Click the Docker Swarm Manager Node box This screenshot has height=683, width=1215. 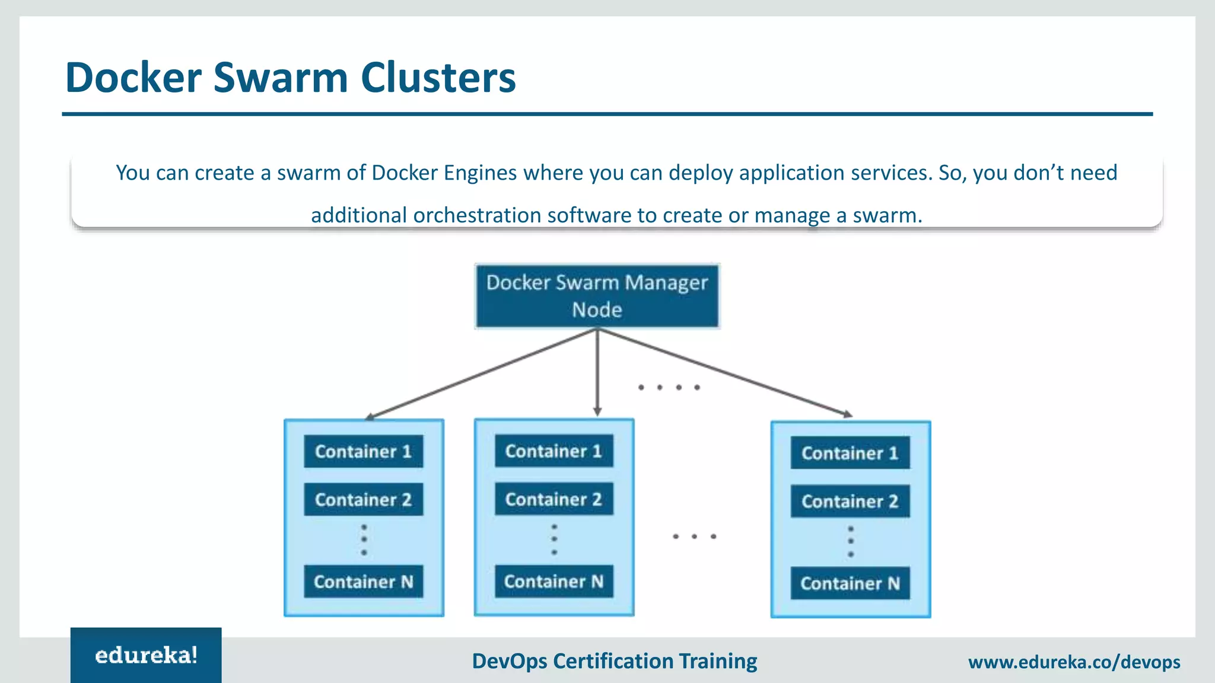click(597, 296)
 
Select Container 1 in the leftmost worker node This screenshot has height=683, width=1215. click(363, 452)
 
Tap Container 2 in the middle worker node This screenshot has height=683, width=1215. click(554, 499)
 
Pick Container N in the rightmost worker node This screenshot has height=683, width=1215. click(850, 583)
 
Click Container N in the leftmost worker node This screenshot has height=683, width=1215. click(363, 582)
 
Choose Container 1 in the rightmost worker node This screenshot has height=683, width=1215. click(850, 454)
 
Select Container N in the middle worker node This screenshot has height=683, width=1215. click(554, 582)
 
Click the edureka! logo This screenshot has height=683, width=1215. click(146, 655)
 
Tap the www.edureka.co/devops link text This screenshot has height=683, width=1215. click(1074, 662)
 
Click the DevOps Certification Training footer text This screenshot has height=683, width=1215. click(614, 661)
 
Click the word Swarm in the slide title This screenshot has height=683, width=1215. click(280, 78)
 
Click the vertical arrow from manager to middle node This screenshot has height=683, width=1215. click(597, 374)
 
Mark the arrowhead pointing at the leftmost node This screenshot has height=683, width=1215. click(370, 417)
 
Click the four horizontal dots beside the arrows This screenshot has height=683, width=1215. click(669, 388)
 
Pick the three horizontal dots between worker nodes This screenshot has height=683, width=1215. click(694, 537)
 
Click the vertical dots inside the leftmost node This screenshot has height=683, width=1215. click(364, 540)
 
